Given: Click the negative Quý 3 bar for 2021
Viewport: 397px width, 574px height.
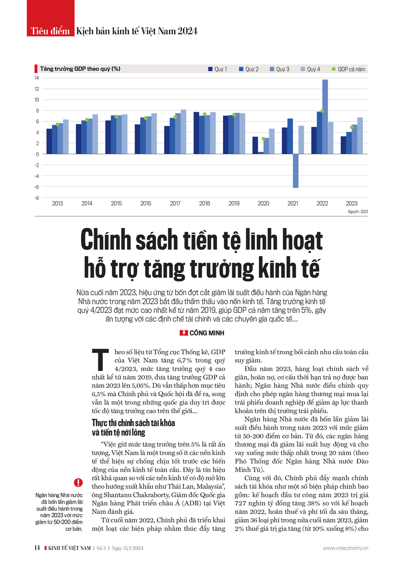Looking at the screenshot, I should point(295,171).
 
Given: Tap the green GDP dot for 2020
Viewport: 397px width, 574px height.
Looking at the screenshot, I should point(263,139).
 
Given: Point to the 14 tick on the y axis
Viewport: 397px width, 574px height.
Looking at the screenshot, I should point(37,78).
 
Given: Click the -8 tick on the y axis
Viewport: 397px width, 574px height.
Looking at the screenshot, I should point(37,198).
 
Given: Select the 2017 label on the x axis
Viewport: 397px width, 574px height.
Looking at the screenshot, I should point(175,203).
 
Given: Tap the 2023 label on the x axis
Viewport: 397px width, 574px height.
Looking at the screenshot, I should point(351,203).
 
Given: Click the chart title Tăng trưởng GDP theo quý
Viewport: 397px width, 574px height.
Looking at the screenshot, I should point(80,69).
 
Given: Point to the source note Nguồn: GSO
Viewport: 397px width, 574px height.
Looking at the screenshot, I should point(358,212).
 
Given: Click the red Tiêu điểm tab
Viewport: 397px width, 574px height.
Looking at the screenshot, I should point(50,31).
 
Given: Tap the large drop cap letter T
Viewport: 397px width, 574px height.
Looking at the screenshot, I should point(100,359).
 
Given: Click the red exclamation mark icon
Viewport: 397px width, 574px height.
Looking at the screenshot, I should point(78,482).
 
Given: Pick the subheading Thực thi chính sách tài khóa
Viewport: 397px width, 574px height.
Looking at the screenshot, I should point(133,423).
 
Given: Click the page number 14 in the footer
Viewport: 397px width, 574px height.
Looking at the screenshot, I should point(37,548).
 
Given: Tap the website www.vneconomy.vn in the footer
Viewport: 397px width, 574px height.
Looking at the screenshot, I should point(345,548).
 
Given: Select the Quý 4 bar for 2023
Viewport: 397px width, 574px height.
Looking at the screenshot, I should point(360,136).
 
